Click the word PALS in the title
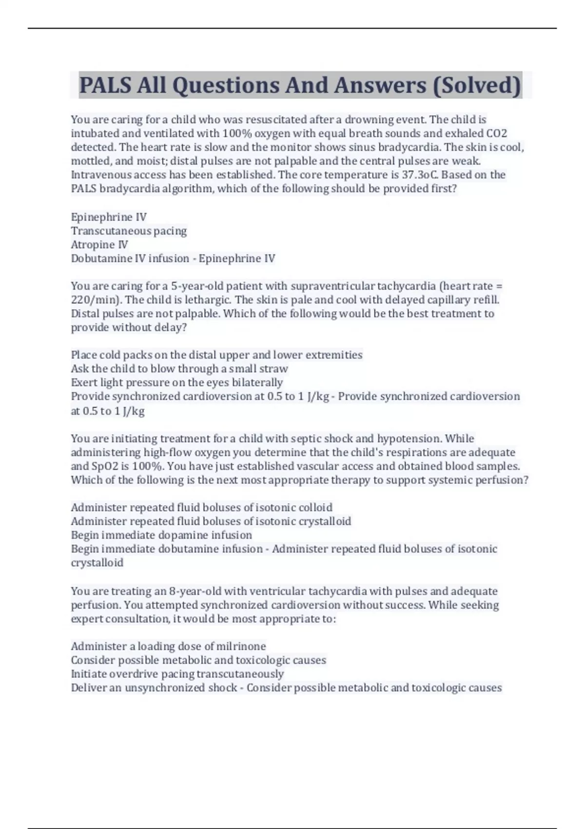point(105,85)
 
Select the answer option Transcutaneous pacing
point(129,231)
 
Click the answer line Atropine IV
point(99,244)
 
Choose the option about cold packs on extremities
point(216,355)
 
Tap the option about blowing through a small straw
point(179,368)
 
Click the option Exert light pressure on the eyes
point(176,382)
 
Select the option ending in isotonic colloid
point(201,507)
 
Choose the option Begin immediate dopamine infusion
point(161,535)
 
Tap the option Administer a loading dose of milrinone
point(168,646)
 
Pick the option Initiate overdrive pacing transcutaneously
point(177,674)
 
